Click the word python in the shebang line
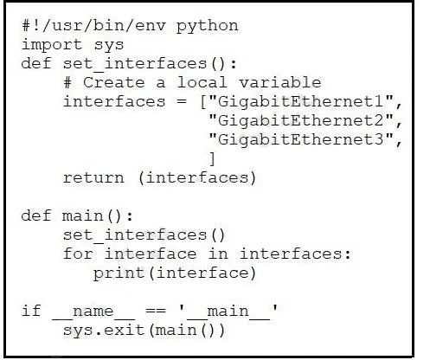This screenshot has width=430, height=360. click(208, 27)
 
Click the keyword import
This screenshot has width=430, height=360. click(52, 46)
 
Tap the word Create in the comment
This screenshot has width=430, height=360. click(114, 82)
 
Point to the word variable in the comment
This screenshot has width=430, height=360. click(280, 82)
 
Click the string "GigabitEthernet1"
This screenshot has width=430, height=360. click(301, 101)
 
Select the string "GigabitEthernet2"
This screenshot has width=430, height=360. click(301, 120)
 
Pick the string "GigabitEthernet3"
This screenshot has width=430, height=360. click(301, 139)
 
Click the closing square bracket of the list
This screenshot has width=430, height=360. click(213, 159)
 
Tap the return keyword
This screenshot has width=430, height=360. click(93, 178)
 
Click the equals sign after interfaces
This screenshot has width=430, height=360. click(182, 102)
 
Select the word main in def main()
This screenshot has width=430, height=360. click(83, 216)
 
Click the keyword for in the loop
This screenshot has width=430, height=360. click(78, 254)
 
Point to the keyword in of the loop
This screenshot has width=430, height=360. click(218, 254)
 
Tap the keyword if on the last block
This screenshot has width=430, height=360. click(31, 311)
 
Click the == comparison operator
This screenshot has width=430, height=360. click(156, 311)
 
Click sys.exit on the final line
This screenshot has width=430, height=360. click(104, 331)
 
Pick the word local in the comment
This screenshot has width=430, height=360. click(202, 82)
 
